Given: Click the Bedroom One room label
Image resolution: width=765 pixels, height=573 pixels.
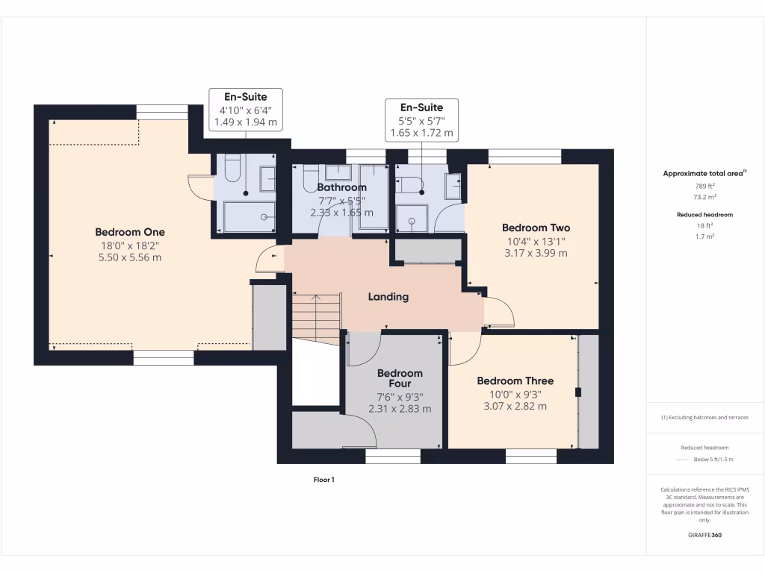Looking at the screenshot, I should (x=130, y=232).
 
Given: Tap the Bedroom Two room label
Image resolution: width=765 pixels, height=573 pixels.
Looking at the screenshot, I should (x=536, y=228).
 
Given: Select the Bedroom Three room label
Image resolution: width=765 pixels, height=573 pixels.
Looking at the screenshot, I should (x=515, y=381).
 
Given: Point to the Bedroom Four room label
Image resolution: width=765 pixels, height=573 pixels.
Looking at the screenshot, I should (x=400, y=378).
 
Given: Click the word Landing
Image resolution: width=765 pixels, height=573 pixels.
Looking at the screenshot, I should (x=388, y=297).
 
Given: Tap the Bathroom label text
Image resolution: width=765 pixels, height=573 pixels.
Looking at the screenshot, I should (x=341, y=187).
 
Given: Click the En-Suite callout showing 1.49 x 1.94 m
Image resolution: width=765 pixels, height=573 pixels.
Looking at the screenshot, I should (x=246, y=109).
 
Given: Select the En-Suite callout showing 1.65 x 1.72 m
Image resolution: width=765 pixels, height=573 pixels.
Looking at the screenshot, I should (x=421, y=120).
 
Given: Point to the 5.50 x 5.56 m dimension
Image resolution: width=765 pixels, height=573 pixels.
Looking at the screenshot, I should (x=130, y=257).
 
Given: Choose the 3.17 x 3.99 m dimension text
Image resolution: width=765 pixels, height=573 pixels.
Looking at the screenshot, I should (x=536, y=253).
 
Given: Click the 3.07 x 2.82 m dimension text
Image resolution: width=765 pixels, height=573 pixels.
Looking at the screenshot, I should (x=515, y=407).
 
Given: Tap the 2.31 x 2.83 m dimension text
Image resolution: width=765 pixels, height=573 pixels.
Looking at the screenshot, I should (x=400, y=409).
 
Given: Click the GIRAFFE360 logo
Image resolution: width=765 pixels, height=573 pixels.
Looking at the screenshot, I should (x=704, y=535).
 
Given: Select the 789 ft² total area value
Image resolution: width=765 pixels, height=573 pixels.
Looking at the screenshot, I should (x=704, y=186).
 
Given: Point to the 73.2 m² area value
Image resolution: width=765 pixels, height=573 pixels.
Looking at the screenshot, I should (x=704, y=197).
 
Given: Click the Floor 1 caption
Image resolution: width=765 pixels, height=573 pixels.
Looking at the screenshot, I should (x=323, y=480).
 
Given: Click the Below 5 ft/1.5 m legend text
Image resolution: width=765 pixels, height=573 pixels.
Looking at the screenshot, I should (x=713, y=460).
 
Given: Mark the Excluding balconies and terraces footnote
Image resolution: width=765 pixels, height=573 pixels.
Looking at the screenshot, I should (x=704, y=417).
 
